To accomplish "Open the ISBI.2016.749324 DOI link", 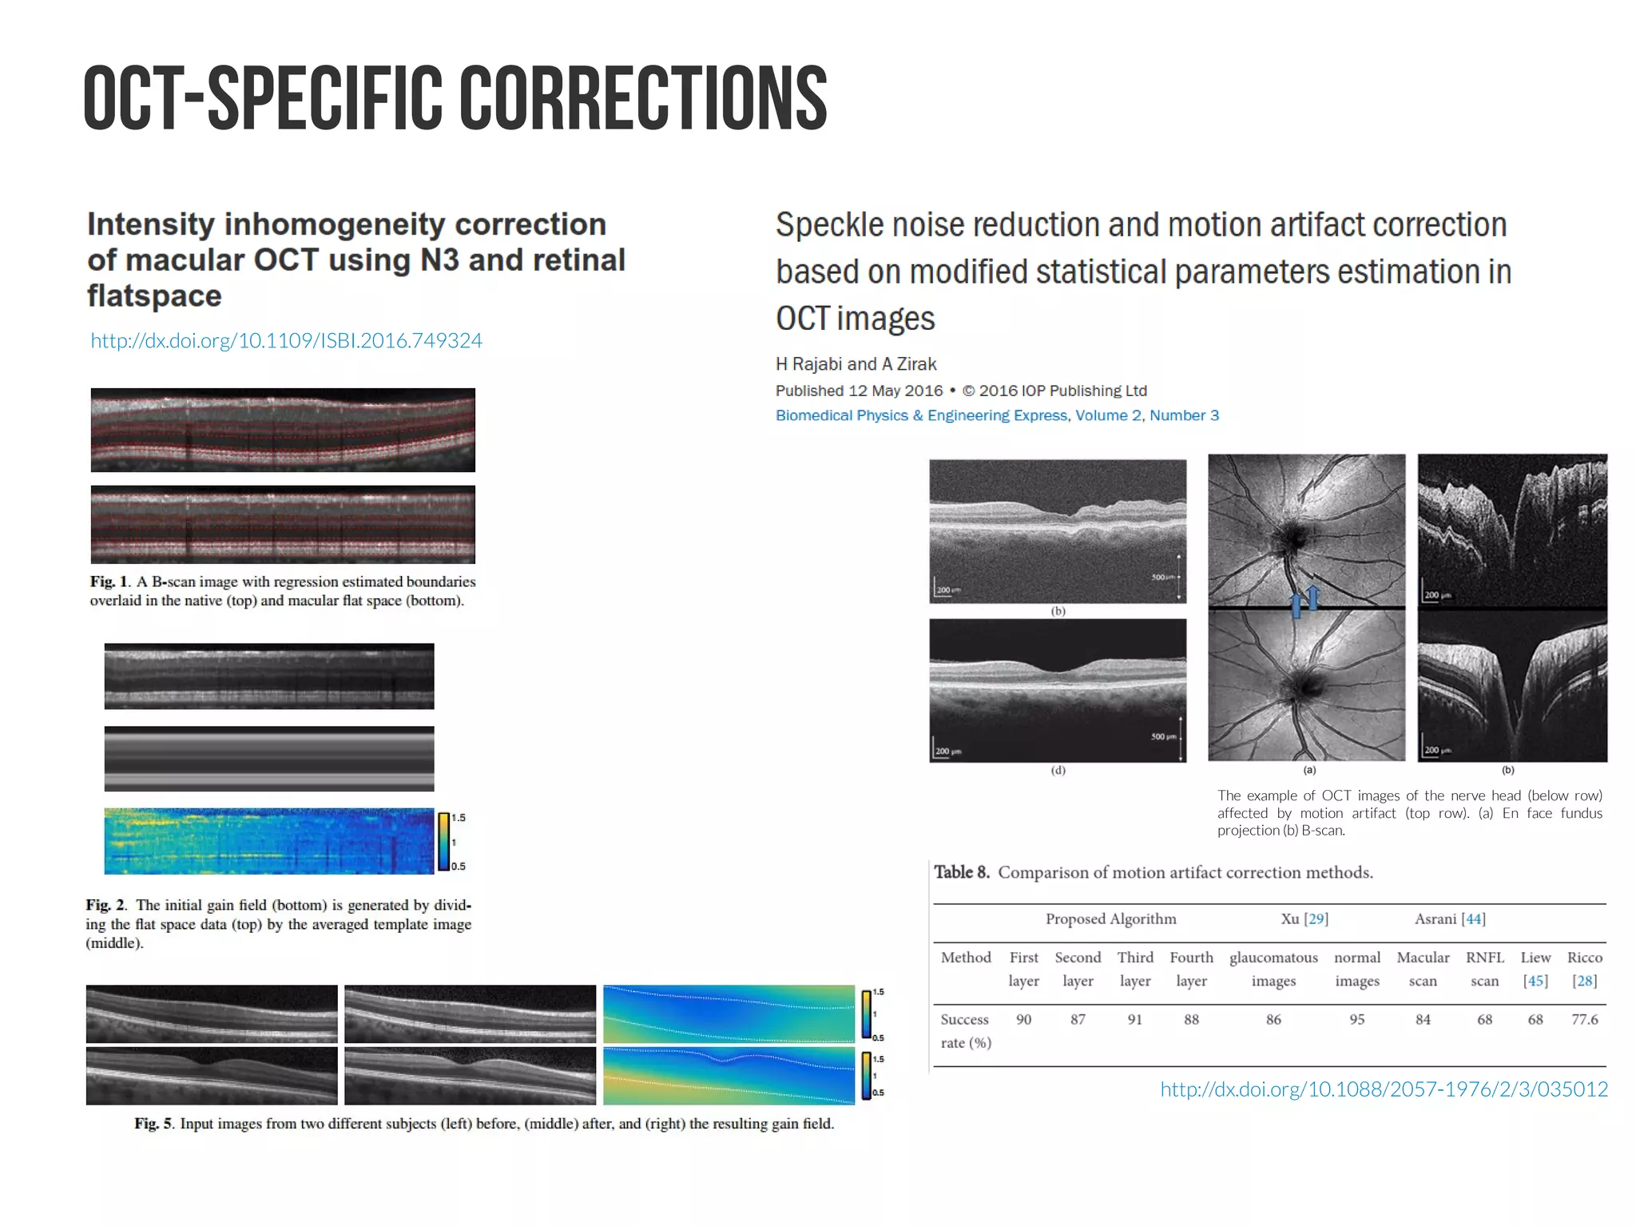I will tap(286, 341).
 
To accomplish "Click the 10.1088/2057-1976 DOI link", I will tap(1384, 1089).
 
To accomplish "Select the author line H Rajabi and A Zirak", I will tap(856, 364).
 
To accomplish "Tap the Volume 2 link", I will tap(1107, 415).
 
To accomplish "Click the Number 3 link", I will tap(1184, 415).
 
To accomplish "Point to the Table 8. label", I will tap(962, 872).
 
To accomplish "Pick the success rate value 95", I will tap(1356, 1019).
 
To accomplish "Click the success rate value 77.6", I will tap(1584, 1019).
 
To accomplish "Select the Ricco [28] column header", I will tap(1584, 968).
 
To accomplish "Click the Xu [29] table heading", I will tap(1304, 919).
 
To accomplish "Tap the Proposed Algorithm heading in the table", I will tap(1110, 919).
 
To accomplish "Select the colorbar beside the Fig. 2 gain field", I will tap(443, 841).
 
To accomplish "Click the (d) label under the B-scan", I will tap(1058, 771).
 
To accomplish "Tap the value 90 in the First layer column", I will tap(1023, 1019).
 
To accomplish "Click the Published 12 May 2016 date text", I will tap(859, 391).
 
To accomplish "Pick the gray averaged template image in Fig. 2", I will tap(269, 759).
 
